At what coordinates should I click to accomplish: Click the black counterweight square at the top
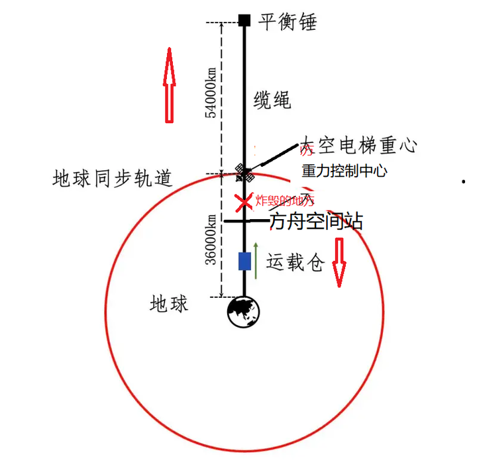pos(244,20)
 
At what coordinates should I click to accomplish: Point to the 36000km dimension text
pos(211,239)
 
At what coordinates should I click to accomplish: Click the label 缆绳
pos(272,100)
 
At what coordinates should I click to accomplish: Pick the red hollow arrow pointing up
pos(169,85)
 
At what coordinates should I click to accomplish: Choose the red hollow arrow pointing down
pos(339,261)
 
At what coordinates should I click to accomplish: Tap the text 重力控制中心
pos(344,171)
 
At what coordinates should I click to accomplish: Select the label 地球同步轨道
pos(113,178)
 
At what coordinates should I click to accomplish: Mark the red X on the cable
pos(244,200)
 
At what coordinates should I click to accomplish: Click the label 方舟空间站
pos(316,222)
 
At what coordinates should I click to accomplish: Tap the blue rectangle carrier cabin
pos(244,261)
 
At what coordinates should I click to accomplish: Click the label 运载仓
pos(295,263)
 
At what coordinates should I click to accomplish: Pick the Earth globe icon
pos(244,312)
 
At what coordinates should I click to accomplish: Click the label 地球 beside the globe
pos(170,304)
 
